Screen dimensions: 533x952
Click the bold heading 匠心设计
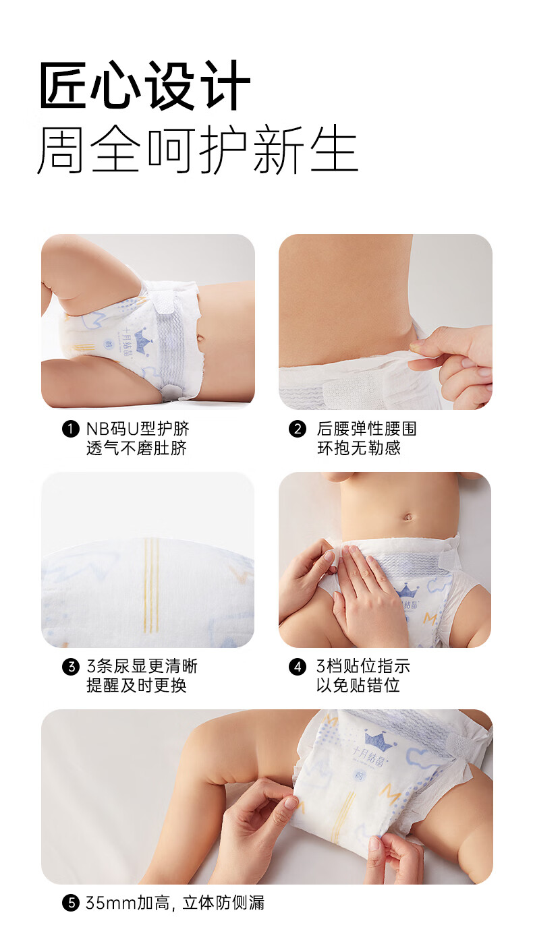144,86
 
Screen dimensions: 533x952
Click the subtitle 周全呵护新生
198,150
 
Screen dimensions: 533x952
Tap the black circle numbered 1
71,429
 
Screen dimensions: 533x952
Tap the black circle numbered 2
298,429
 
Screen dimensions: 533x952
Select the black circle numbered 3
71,666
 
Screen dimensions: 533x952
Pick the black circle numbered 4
298,666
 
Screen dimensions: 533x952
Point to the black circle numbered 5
71,903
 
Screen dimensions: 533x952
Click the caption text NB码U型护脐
138,429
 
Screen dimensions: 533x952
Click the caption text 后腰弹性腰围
366,429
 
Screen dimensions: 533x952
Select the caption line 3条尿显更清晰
142,666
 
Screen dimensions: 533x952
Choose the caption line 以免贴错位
358,686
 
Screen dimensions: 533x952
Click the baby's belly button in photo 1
200,338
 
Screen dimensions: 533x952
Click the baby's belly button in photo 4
408,517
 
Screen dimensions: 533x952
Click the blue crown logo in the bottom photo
379,740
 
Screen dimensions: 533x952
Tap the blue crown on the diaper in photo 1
142,338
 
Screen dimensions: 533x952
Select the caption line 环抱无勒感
359,448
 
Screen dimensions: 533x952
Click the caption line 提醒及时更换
136,686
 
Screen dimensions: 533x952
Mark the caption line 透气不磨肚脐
136,448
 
